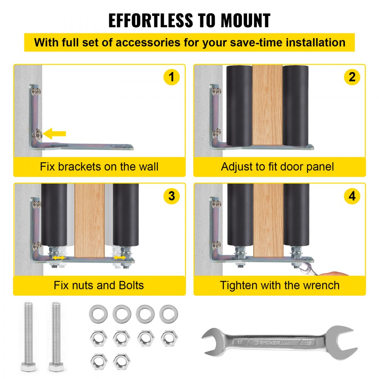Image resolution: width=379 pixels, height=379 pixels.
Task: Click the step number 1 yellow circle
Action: (x=171, y=77)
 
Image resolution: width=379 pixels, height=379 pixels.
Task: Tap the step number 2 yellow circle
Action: (x=352, y=77)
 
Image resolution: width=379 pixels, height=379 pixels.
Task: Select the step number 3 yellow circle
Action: (x=171, y=196)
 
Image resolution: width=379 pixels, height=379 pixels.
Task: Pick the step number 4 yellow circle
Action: (x=352, y=196)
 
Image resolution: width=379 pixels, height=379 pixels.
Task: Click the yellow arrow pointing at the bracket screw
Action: (x=55, y=133)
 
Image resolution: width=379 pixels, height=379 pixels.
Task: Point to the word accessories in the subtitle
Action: (x=147, y=42)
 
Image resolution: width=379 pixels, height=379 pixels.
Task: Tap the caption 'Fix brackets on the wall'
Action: (x=99, y=166)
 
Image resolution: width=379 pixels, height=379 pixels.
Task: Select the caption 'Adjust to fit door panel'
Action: (x=278, y=166)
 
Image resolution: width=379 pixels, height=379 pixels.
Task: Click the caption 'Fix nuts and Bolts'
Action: (x=99, y=285)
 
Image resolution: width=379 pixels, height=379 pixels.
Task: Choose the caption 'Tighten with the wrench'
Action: (x=280, y=285)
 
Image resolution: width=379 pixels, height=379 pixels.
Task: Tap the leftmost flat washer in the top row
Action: (x=98, y=313)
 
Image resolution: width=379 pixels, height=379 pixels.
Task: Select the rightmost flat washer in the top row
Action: (x=169, y=313)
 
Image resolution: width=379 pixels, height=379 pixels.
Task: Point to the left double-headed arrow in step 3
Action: (x=58, y=258)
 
